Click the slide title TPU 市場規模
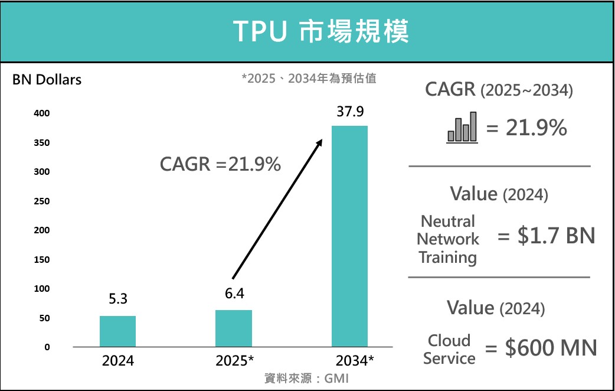pyautogui.click(x=320, y=31)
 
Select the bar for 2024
pyautogui.click(x=117, y=331)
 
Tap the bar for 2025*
pyautogui.click(x=233, y=328)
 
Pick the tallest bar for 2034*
pyautogui.click(x=349, y=236)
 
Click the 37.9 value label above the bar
pyautogui.click(x=350, y=112)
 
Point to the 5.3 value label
pyautogui.click(x=117, y=299)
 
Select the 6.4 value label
pyautogui.click(x=234, y=294)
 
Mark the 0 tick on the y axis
pyautogui.click(x=46, y=347)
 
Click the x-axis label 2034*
pyautogui.click(x=354, y=361)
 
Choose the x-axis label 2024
pyautogui.click(x=117, y=361)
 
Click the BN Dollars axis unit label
pyautogui.click(x=47, y=80)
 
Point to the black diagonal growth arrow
pyautogui.click(x=277, y=208)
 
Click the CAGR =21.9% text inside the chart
pyautogui.click(x=220, y=164)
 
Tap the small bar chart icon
pyautogui.click(x=462, y=128)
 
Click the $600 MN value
pyautogui.click(x=551, y=348)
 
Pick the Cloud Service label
pyautogui.click(x=449, y=350)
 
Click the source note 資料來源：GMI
pyautogui.click(x=306, y=379)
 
